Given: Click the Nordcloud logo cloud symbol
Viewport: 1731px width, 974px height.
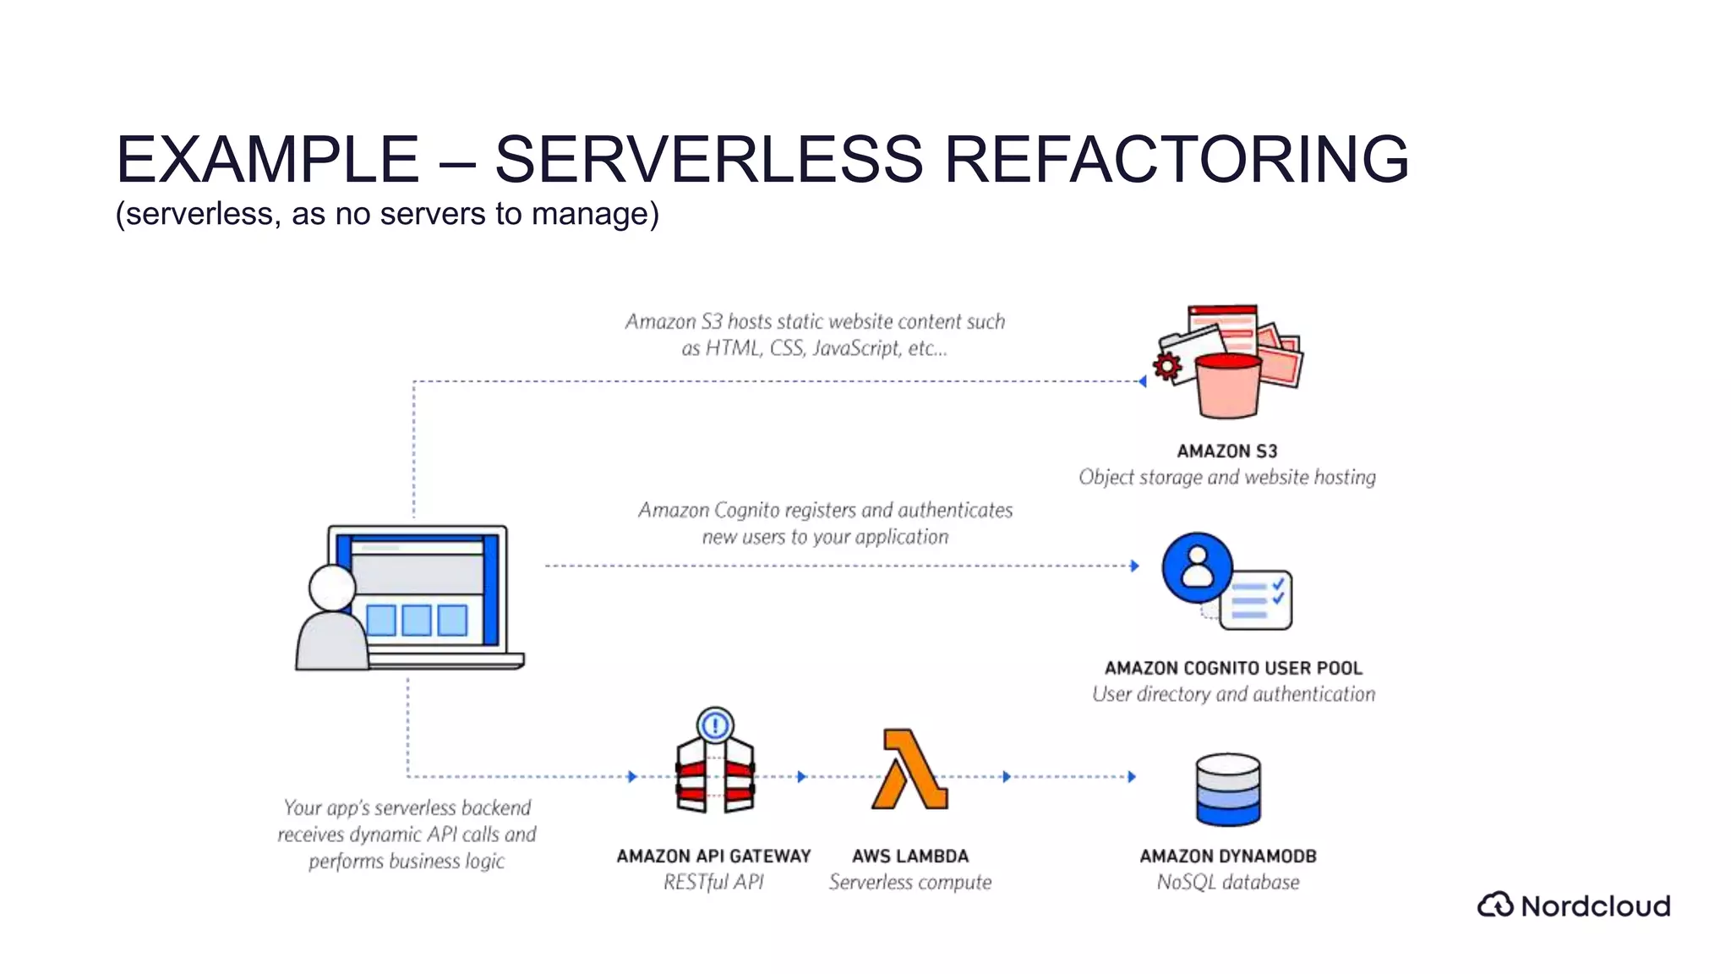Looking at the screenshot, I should (1495, 905).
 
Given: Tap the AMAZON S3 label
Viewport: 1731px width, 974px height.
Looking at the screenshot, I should (1226, 451).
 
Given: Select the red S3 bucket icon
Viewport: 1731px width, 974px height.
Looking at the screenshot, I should (1228, 386).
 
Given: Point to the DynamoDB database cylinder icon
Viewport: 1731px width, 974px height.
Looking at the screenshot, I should (1228, 790).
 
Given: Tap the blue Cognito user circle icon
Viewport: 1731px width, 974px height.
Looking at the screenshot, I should (1197, 567).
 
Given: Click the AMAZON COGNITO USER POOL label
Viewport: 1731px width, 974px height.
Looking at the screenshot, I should (1233, 668).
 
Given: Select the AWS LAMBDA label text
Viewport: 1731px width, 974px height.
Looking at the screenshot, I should (909, 856).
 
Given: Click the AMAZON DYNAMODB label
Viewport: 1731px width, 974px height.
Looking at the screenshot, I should (1227, 856).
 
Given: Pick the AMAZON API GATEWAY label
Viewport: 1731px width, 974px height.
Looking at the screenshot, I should (713, 856).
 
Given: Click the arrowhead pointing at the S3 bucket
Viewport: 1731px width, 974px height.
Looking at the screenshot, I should (1143, 381).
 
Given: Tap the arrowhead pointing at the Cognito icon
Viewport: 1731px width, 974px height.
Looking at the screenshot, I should (1134, 566).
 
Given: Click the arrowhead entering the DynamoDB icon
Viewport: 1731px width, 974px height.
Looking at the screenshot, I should (1132, 776).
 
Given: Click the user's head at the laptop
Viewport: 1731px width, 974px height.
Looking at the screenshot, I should (332, 587).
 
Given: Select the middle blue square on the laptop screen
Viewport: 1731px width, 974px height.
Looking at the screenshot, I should (417, 620).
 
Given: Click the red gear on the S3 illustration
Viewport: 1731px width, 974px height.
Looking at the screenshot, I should (1167, 366).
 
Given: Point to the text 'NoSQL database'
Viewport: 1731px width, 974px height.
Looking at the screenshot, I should (1227, 882).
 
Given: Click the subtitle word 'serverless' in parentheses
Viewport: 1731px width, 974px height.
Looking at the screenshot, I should (199, 214).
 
